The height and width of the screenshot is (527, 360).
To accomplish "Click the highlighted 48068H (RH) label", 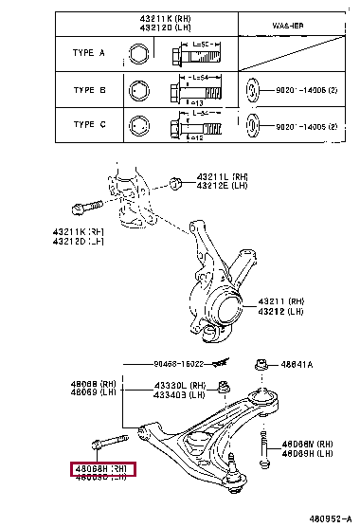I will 100,467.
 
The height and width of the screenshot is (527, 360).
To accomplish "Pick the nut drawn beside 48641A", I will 261,363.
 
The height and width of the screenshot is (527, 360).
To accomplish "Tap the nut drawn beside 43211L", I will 175,181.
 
